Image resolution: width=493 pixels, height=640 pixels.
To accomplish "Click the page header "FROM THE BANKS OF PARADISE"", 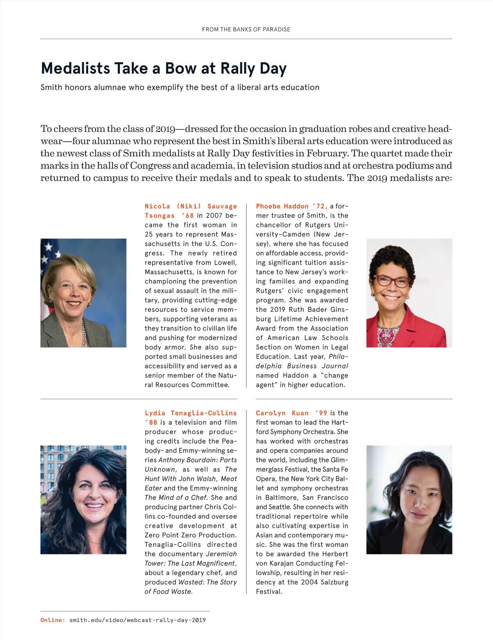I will pyautogui.click(x=246, y=30).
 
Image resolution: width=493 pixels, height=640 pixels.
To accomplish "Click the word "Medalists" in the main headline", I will pyautogui.click(x=75, y=69).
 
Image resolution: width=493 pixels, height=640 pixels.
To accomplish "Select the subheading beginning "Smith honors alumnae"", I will pyautogui.click(x=180, y=87).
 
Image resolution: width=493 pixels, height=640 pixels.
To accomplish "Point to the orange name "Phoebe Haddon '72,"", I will pyautogui.click(x=292, y=206).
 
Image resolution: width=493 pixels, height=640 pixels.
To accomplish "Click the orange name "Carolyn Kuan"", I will pyautogui.click(x=282, y=413).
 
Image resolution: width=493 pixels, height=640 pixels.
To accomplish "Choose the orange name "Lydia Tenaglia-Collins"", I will pyautogui.click(x=191, y=413).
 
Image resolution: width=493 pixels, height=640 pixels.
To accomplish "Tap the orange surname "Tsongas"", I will pyautogui.click(x=159, y=216).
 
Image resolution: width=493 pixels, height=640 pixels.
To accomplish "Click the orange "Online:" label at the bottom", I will pyautogui.click(x=53, y=620).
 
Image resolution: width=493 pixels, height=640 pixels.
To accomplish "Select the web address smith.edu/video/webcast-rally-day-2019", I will pyautogui.click(x=137, y=620).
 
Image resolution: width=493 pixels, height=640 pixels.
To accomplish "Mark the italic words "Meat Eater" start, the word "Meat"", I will pyautogui.click(x=229, y=479).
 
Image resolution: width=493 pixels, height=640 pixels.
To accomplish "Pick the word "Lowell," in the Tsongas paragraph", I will pyautogui.click(x=225, y=263).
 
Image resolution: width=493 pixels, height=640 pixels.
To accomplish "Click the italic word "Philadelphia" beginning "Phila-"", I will pyautogui.click(x=338, y=357).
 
